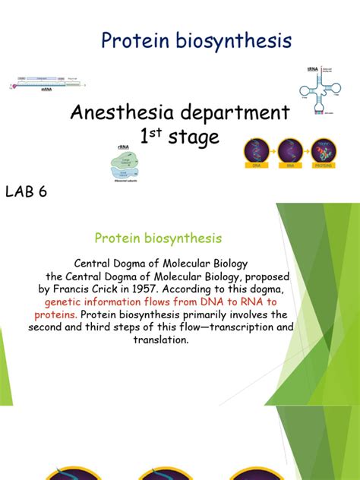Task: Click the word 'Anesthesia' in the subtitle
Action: (x=118, y=114)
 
